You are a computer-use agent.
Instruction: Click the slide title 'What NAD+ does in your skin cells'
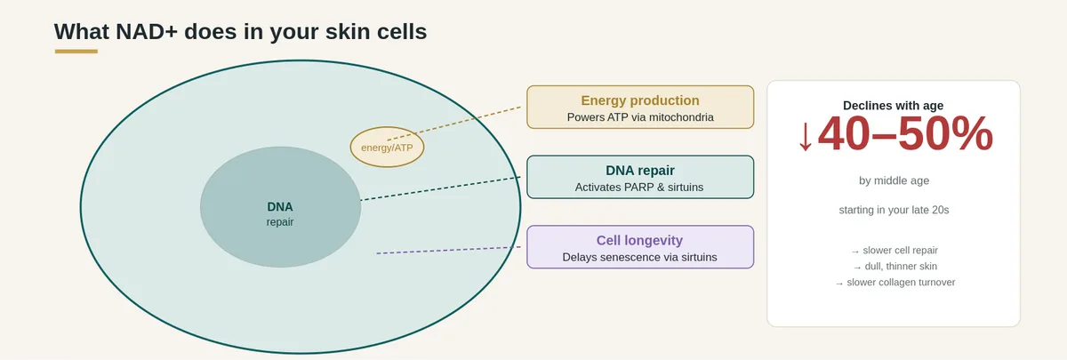[x=241, y=32]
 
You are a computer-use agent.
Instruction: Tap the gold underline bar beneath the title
[x=76, y=52]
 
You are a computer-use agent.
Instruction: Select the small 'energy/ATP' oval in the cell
[x=387, y=148]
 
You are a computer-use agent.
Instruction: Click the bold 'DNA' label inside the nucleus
[x=280, y=206]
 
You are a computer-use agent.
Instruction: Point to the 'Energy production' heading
[x=640, y=100]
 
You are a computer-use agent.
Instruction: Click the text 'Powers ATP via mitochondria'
[x=640, y=117]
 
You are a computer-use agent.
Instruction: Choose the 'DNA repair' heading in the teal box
[x=640, y=171]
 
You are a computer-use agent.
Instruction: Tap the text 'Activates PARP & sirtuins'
[x=639, y=188]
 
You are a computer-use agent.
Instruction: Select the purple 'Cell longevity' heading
[x=639, y=241]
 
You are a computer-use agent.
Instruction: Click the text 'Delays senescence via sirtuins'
[x=639, y=257]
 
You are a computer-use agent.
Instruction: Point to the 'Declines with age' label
[x=893, y=106]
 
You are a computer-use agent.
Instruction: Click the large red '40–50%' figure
[x=905, y=134]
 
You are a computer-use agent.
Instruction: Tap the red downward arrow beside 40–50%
[x=806, y=137]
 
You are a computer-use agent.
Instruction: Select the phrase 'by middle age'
[x=895, y=180]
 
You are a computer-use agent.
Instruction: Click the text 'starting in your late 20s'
[x=895, y=210]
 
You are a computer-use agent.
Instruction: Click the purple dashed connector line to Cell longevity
[x=448, y=250]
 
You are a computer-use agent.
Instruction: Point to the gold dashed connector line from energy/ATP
[x=454, y=124]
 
